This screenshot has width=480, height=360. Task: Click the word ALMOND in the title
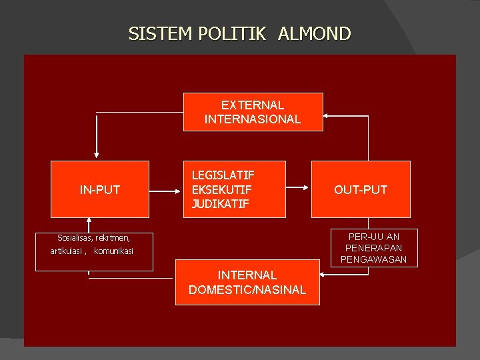pos(314,33)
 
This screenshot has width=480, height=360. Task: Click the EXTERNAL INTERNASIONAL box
pos(253,112)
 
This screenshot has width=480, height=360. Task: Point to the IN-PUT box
pos(100,189)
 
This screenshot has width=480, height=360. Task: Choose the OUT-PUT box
pos(361,189)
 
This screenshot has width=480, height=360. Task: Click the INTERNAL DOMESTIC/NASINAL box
pos(247,282)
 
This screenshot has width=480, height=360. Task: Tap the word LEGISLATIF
pos(223,175)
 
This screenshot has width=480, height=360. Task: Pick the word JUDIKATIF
pos(220,204)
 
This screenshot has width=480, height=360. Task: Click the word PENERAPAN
pos(373,248)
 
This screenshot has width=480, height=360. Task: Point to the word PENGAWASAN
pos(373,259)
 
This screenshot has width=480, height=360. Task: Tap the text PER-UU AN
pos(374,237)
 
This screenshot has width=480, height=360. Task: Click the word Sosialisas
pos(75,237)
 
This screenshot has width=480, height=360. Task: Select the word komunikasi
pos(113,251)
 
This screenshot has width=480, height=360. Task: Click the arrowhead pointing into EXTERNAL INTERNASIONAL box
pos(327,116)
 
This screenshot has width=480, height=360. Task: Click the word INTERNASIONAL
pos(253,119)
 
